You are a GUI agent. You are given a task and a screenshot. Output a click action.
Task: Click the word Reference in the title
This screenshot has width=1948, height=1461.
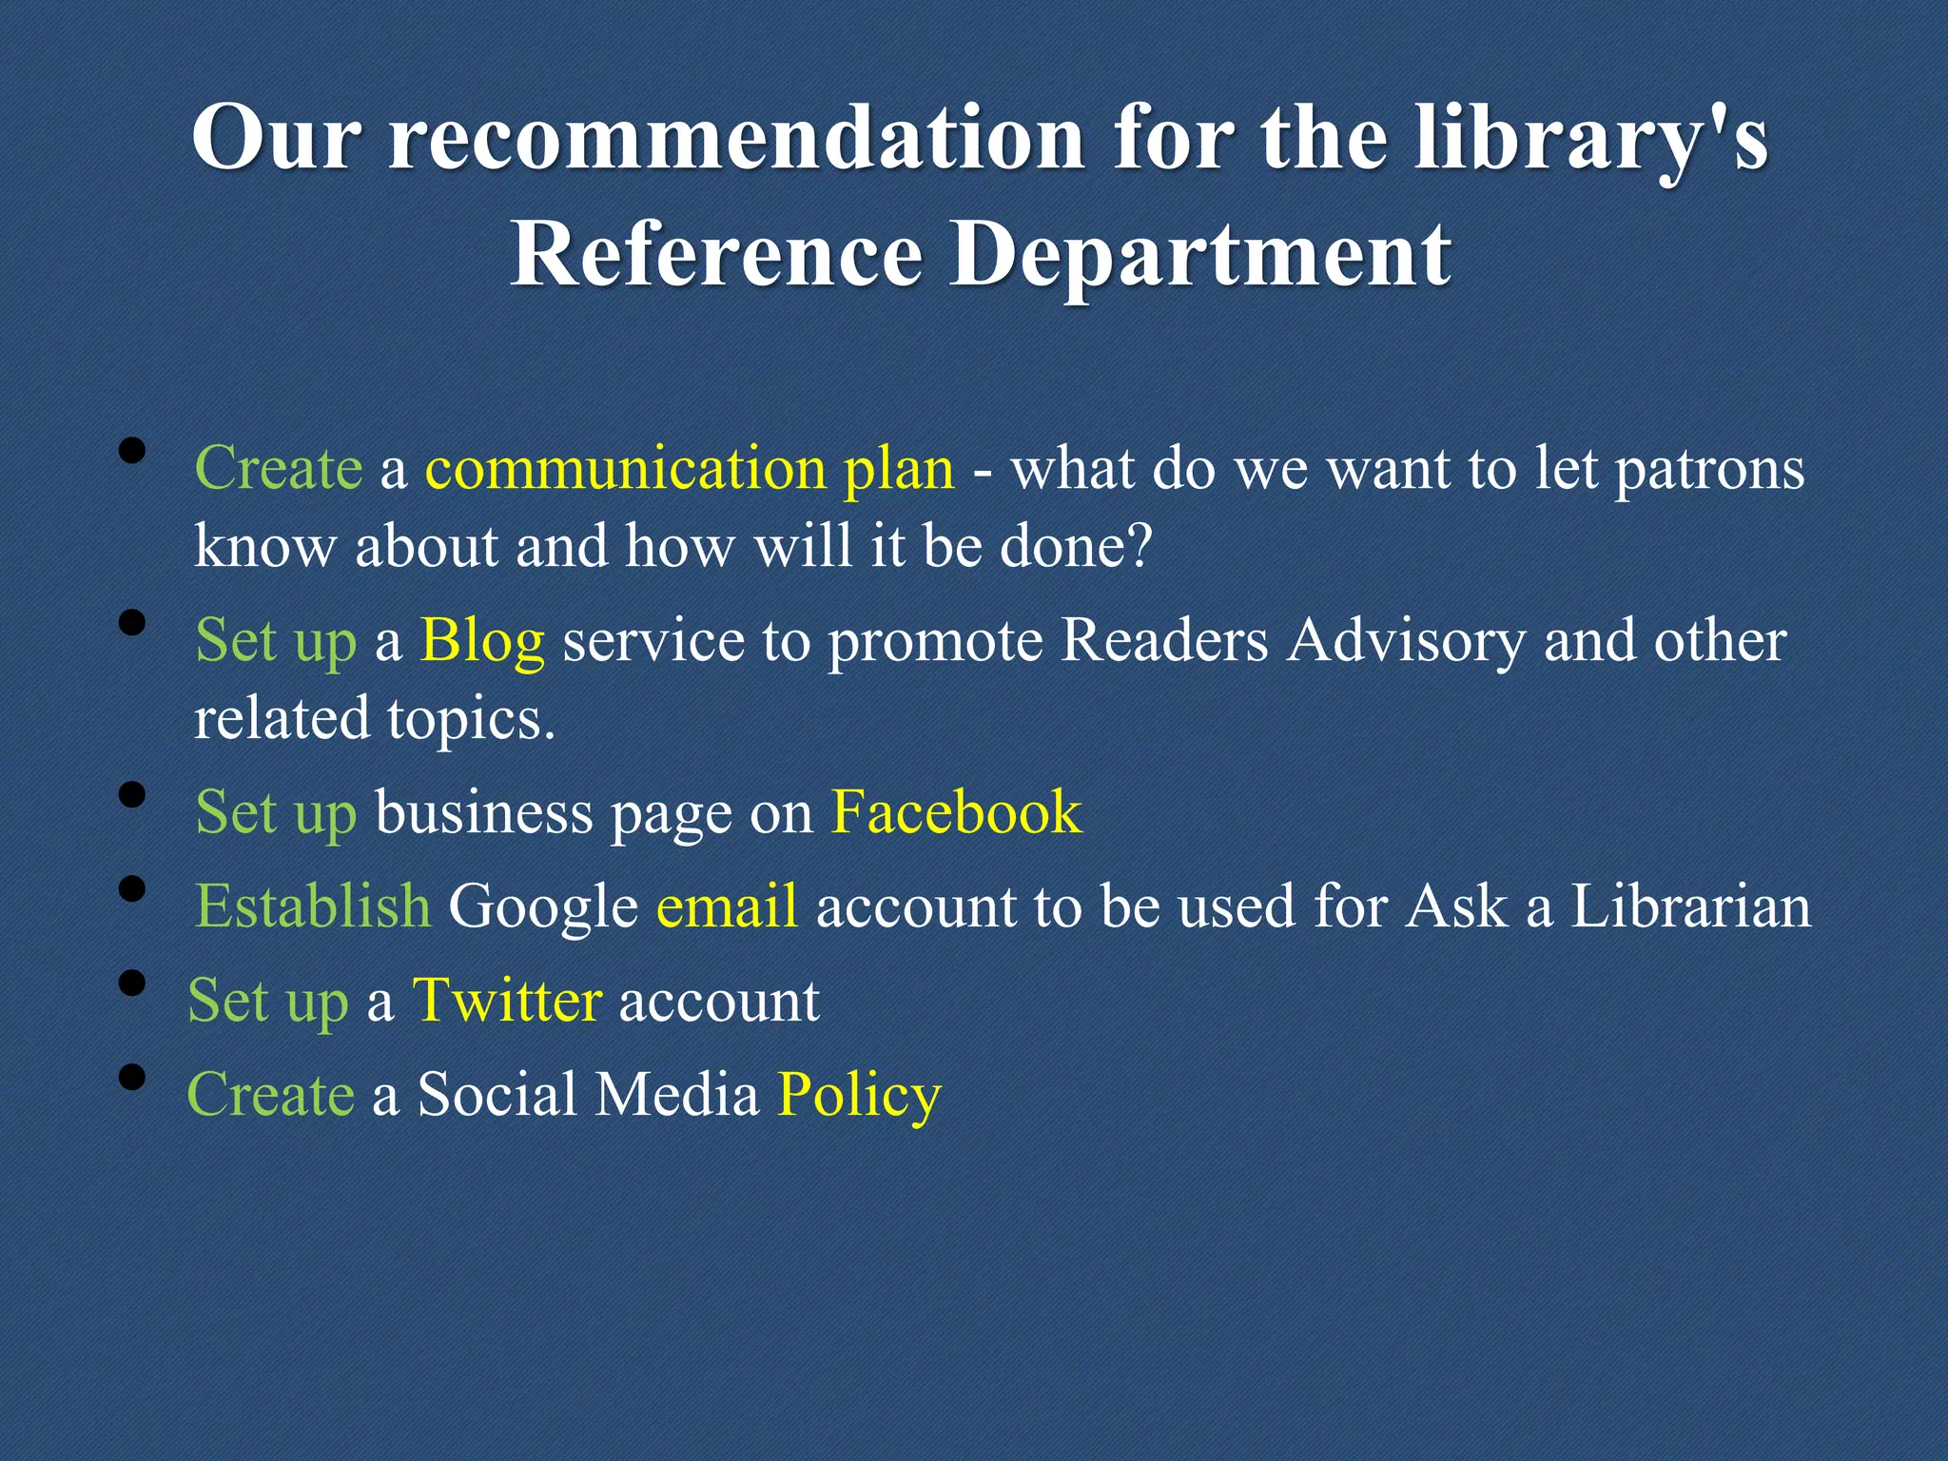(716, 254)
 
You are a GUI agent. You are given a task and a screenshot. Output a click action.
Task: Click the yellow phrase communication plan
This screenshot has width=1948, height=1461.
(689, 469)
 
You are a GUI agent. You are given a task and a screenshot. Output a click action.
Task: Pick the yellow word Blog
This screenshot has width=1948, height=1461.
(482, 640)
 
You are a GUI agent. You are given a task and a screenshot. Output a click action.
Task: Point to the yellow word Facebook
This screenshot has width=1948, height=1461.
(956, 812)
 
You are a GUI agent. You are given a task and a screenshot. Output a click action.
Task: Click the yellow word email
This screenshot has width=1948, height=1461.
(727, 906)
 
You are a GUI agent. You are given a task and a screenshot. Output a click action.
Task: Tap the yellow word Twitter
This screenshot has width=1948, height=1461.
(507, 1001)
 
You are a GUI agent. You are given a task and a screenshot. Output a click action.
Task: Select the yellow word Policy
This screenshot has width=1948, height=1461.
(859, 1095)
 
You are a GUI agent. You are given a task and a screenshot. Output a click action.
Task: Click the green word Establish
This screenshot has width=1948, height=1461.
(313, 906)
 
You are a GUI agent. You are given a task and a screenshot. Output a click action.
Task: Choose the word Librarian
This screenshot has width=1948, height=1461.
(1690, 906)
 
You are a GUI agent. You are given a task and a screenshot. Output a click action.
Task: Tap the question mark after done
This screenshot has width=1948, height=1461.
(1139, 546)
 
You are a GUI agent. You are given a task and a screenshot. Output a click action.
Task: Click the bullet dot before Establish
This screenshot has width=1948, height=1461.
(133, 889)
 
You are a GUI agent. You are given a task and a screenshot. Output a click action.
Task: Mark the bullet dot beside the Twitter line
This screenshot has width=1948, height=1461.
(133, 983)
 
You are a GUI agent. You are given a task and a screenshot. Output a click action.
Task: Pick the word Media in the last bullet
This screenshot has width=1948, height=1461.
(677, 1095)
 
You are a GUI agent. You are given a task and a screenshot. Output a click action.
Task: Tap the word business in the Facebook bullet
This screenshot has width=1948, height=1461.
(483, 812)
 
